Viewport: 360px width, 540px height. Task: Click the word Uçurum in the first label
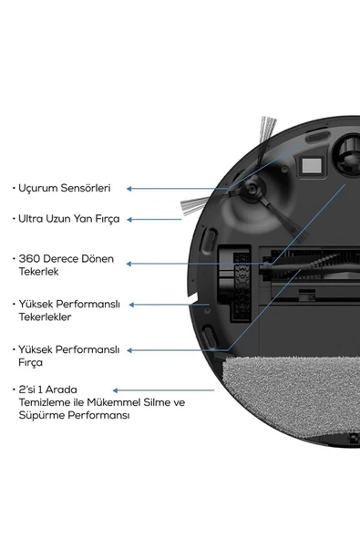(x=37, y=188)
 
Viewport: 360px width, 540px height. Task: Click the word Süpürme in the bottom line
(x=37, y=415)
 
